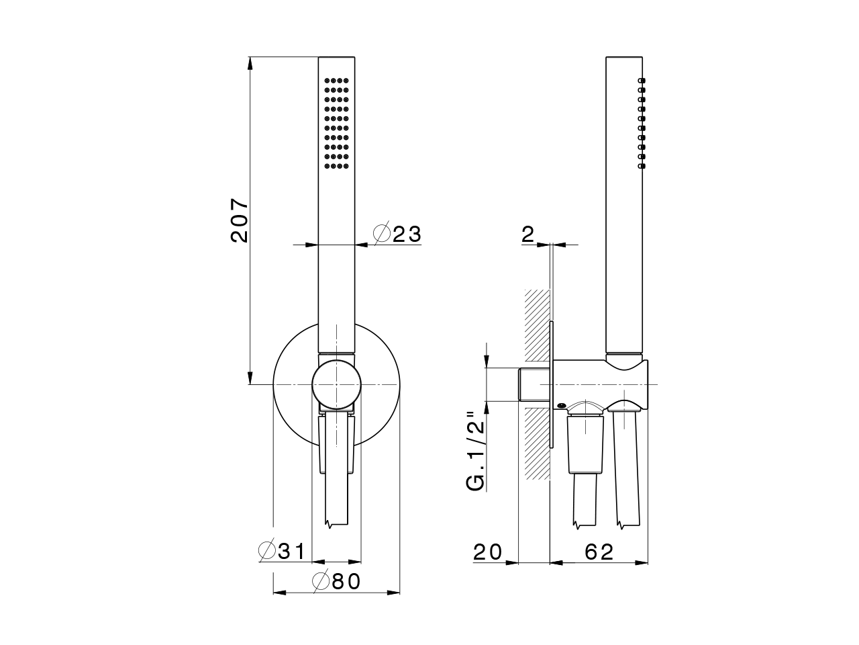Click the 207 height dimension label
click(x=240, y=220)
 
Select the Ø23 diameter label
click(x=397, y=234)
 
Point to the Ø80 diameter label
click(x=338, y=581)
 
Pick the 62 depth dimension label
click(x=599, y=552)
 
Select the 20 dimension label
click(x=488, y=552)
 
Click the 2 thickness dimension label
click(x=527, y=234)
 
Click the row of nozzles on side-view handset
click(x=642, y=122)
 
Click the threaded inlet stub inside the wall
click(x=535, y=385)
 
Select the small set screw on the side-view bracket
click(x=560, y=405)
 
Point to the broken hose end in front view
click(x=336, y=522)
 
